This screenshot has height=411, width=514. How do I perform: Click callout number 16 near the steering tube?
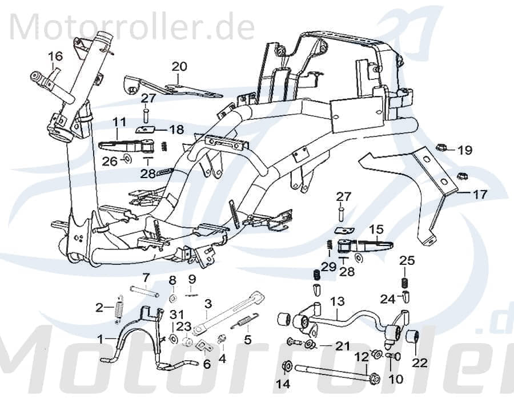click(x=55, y=56)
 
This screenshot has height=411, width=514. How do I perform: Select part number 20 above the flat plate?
click(x=179, y=66)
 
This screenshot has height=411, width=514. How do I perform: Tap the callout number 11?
click(x=119, y=122)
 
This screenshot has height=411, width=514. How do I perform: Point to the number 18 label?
click(x=176, y=130)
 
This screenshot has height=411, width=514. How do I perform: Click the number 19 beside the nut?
click(x=481, y=151)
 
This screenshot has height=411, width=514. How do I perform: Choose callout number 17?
click(x=480, y=194)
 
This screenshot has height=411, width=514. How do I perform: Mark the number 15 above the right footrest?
click(x=376, y=229)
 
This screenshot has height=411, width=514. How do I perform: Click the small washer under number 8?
click(x=172, y=299)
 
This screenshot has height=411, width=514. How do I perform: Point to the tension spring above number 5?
click(x=244, y=323)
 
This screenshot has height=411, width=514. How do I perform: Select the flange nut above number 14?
click(x=287, y=365)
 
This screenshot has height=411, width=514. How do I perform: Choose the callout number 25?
click(x=407, y=261)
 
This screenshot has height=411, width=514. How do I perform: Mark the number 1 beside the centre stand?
click(x=101, y=338)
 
